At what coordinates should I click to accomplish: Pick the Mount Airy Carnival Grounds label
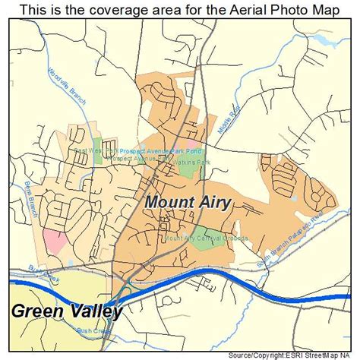coord(205,238)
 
